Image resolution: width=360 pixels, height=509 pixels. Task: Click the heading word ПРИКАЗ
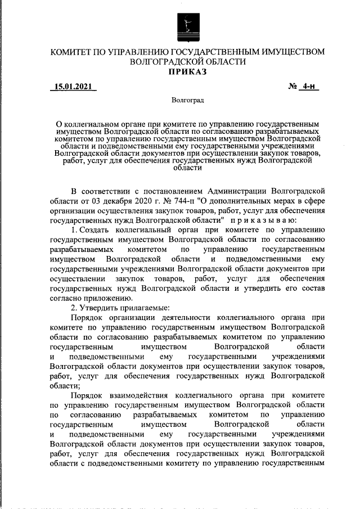(187, 71)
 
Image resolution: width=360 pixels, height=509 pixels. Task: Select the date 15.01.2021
(73, 87)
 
